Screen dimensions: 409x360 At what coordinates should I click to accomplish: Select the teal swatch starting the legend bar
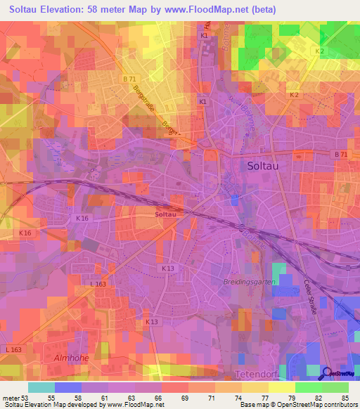[41, 387]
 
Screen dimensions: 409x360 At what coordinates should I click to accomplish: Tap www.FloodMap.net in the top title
[212, 10]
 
